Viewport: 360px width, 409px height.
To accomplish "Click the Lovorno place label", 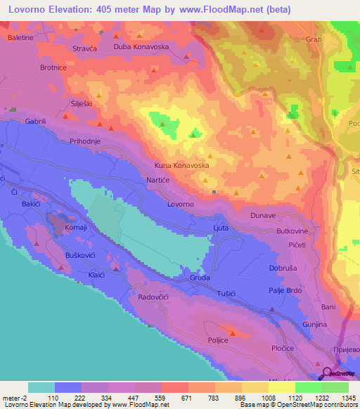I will coord(181,204).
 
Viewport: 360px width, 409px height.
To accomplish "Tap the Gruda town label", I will coord(200,278).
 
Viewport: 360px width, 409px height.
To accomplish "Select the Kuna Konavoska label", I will coord(182,166).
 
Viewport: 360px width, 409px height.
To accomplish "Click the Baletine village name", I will coord(21,37).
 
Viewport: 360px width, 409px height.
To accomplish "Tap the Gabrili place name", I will coord(35,121).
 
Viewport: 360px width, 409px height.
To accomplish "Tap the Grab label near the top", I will coord(313,40).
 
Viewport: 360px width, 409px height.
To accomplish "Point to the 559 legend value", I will coord(162,397).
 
